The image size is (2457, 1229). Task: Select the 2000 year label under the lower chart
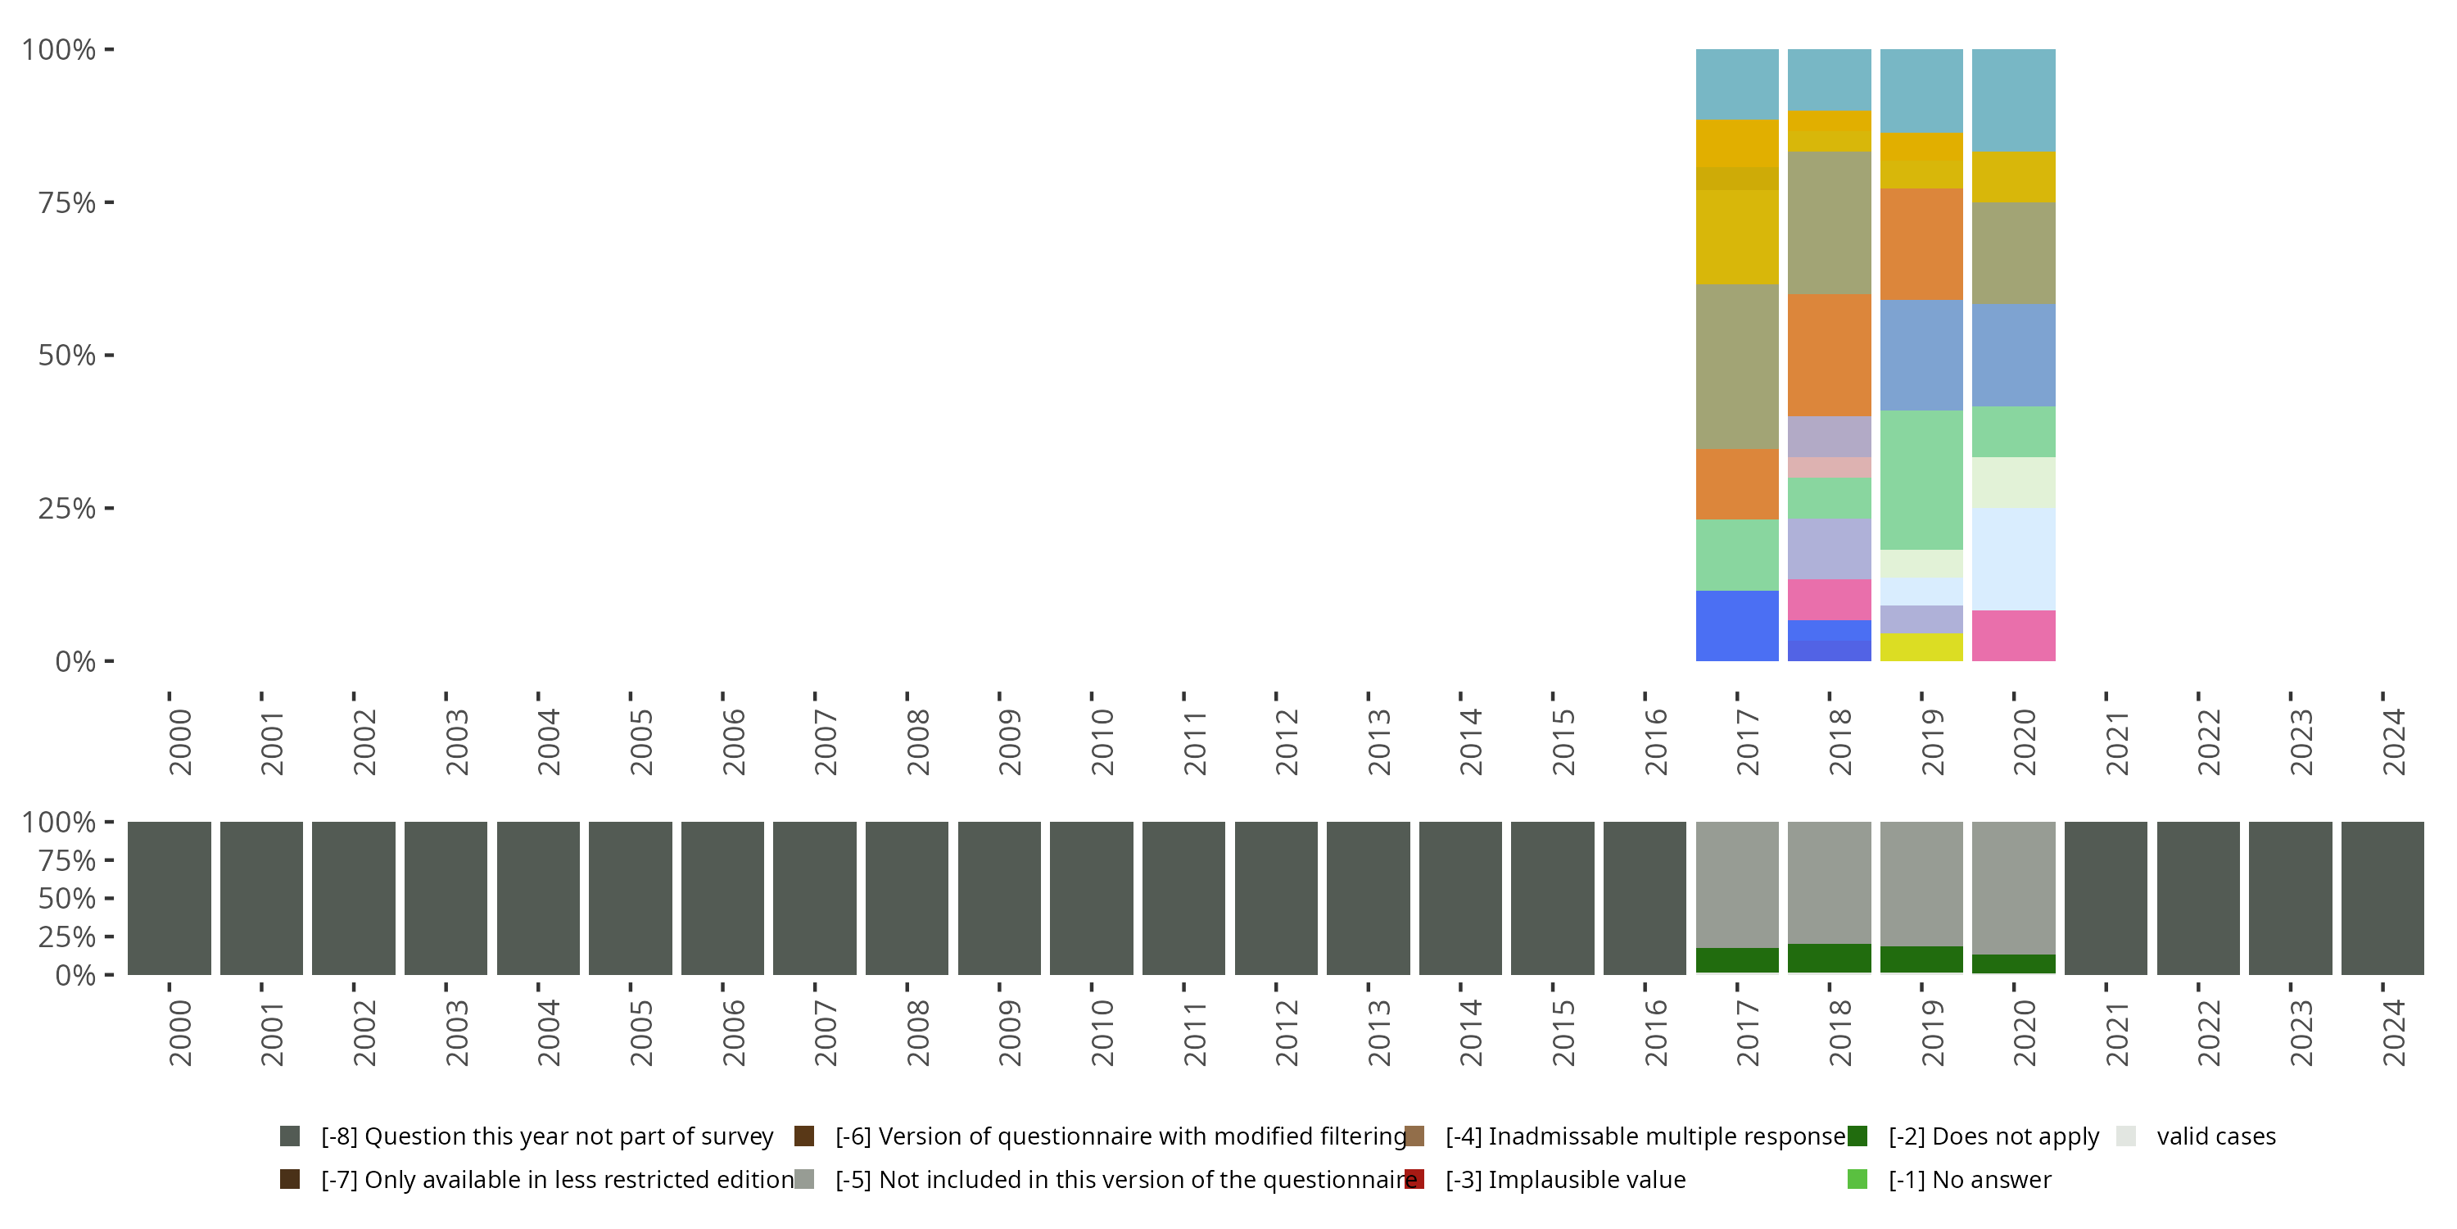(x=180, y=1033)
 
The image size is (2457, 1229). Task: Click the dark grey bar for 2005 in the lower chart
(x=630, y=898)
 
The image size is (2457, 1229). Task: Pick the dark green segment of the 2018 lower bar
(x=1829, y=958)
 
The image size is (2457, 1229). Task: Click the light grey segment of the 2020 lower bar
(x=2012, y=887)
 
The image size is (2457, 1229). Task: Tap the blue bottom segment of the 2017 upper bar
(x=1737, y=626)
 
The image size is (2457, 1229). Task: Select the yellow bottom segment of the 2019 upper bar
(x=1921, y=647)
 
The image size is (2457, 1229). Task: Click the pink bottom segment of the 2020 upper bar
(x=2012, y=636)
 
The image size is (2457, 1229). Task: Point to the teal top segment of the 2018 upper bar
(x=1829, y=79)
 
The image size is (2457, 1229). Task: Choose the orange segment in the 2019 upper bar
(x=1921, y=244)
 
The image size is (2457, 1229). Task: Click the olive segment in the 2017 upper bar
(x=1737, y=366)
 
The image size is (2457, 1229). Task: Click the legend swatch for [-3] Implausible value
(x=1414, y=1179)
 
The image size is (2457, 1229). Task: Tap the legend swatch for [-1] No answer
(x=1857, y=1179)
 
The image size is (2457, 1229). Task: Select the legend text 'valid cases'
(x=2215, y=1136)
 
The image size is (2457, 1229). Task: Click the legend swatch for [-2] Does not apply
(x=1857, y=1136)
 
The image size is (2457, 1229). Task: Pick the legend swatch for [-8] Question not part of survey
(x=290, y=1136)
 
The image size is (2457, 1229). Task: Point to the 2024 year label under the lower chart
(x=2393, y=1033)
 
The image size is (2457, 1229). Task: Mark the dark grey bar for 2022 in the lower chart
(x=2197, y=898)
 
